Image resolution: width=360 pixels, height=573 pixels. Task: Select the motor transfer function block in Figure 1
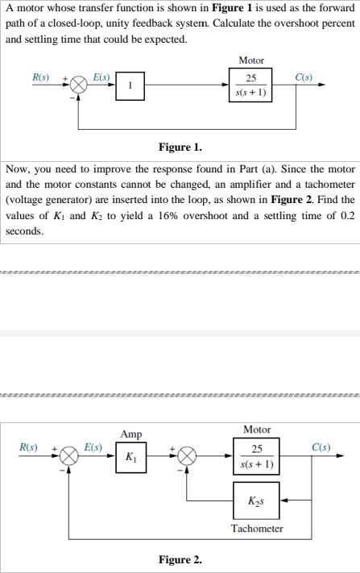tap(252, 85)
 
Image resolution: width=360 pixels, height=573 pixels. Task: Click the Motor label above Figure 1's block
tap(252, 60)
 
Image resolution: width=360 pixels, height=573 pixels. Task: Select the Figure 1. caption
tap(180, 147)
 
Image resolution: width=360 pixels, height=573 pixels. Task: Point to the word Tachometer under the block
tap(256, 529)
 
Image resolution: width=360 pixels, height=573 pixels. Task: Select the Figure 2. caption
tap(180, 558)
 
